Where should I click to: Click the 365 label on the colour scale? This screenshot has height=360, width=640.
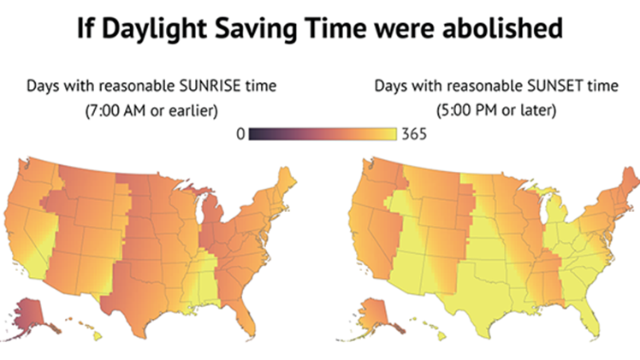(x=413, y=134)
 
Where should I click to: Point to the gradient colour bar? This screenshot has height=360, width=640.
(x=322, y=134)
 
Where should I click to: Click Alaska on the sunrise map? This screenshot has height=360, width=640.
(x=33, y=313)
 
